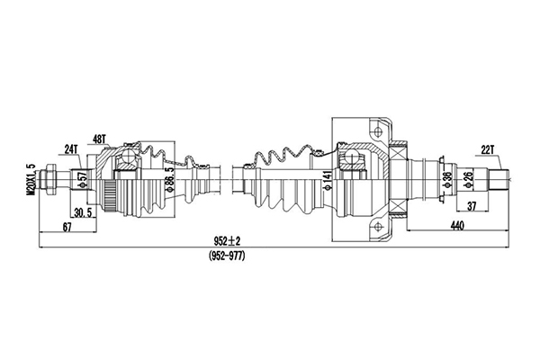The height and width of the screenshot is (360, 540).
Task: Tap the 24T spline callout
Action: pyautogui.click(x=72, y=149)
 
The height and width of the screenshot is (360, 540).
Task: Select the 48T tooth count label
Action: pyautogui.click(x=100, y=139)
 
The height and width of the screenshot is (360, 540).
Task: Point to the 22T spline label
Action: pyautogui.click(x=487, y=150)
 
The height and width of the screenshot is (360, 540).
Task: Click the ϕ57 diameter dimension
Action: pyautogui.click(x=83, y=178)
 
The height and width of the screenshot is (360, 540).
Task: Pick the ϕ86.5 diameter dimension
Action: pyautogui.click(x=169, y=179)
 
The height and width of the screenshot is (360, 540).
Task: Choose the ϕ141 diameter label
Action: pyautogui.click(x=328, y=179)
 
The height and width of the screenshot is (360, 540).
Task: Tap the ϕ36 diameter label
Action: pyautogui.click(x=447, y=179)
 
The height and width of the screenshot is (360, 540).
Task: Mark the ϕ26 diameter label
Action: pyautogui.click(x=468, y=179)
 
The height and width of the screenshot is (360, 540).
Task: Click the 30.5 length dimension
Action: pyautogui.click(x=83, y=213)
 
